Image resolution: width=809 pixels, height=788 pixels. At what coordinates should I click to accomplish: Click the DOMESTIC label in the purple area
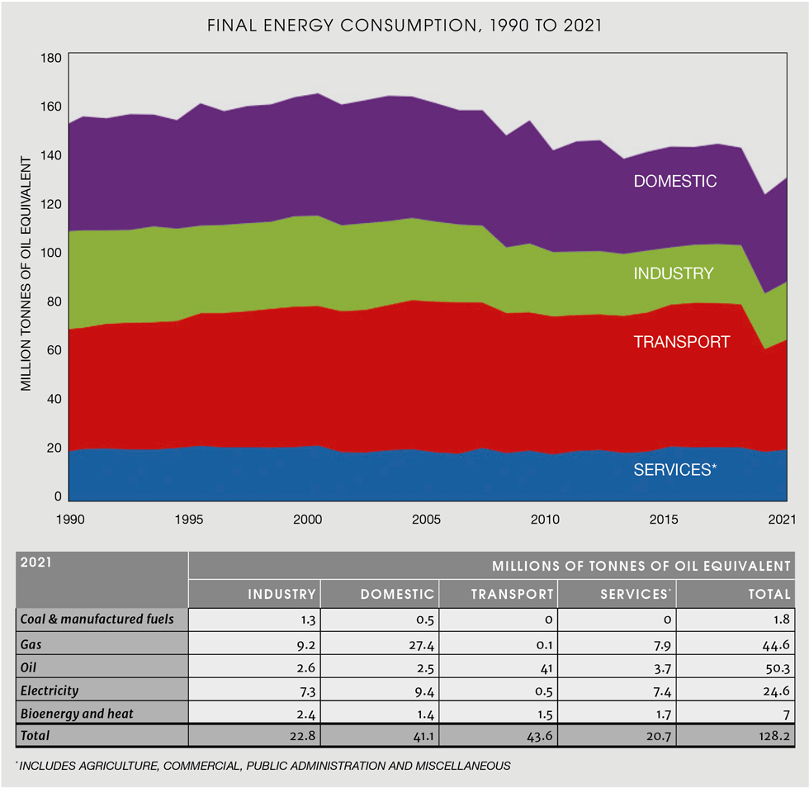pyautogui.click(x=674, y=181)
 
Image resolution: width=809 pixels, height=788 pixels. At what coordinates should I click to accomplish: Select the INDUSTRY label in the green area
pyautogui.click(x=673, y=273)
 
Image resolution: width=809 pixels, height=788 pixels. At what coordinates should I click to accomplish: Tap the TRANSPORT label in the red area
pyautogui.click(x=681, y=342)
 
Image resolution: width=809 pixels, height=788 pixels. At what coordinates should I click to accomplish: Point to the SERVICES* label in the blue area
pyautogui.click(x=674, y=470)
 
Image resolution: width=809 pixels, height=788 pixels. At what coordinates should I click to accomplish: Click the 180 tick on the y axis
pyautogui.click(x=51, y=59)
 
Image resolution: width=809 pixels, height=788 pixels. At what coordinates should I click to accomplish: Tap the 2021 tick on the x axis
pyautogui.click(x=782, y=520)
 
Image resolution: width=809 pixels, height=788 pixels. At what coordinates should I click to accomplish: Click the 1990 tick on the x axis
pyautogui.click(x=69, y=520)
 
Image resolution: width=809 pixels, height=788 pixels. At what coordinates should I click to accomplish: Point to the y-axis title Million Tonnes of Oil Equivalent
pyautogui.click(x=26, y=273)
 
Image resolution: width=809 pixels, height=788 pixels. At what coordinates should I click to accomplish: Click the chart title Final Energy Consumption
pyautogui.click(x=404, y=26)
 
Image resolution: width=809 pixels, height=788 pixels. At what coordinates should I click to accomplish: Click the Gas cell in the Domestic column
pyautogui.click(x=419, y=644)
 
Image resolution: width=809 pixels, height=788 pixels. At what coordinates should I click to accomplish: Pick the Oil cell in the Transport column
pyautogui.click(x=545, y=667)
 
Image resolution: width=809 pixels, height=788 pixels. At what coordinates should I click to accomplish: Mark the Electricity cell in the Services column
pyautogui.click(x=657, y=690)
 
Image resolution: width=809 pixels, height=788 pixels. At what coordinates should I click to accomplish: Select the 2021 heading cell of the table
pyautogui.click(x=36, y=563)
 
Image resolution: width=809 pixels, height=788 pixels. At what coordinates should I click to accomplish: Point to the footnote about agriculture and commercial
pyautogui.click(x=263, y=766)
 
